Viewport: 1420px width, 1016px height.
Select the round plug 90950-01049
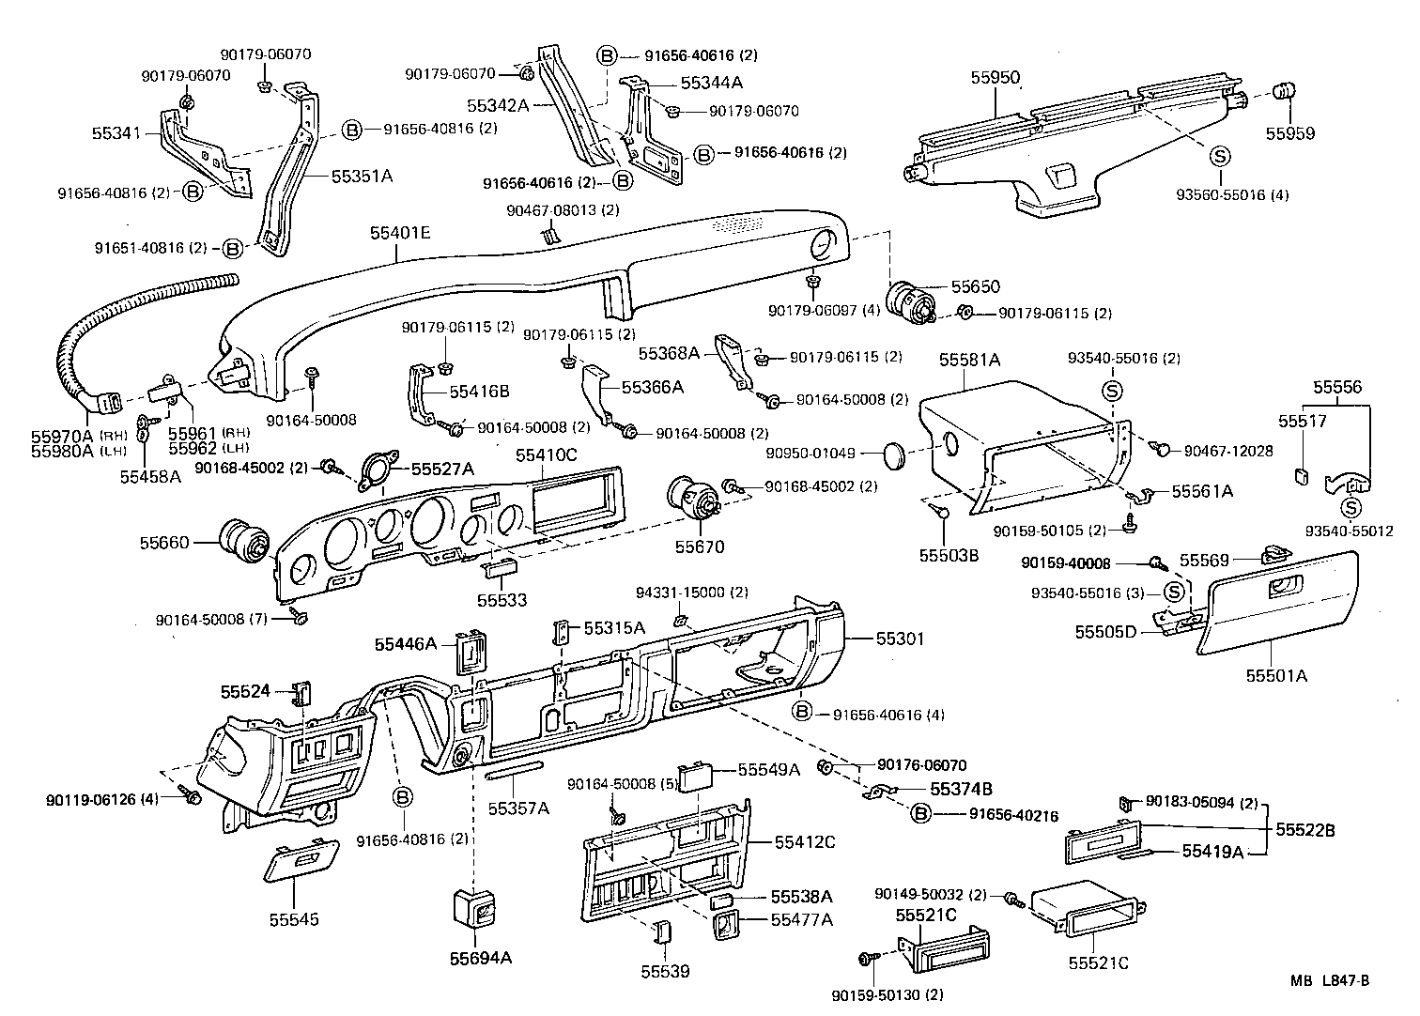[x=898, y=454]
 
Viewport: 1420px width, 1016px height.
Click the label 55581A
[x=970, y=359]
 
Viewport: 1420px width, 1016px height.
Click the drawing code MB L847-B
[x=1329, y=981]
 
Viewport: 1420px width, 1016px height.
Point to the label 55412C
[x=805, y=841]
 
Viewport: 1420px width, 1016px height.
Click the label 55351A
[x=362, y=176]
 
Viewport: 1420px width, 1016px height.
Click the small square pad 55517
[x=1302, y=474]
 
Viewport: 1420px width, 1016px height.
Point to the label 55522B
[x=1305, y=830]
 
